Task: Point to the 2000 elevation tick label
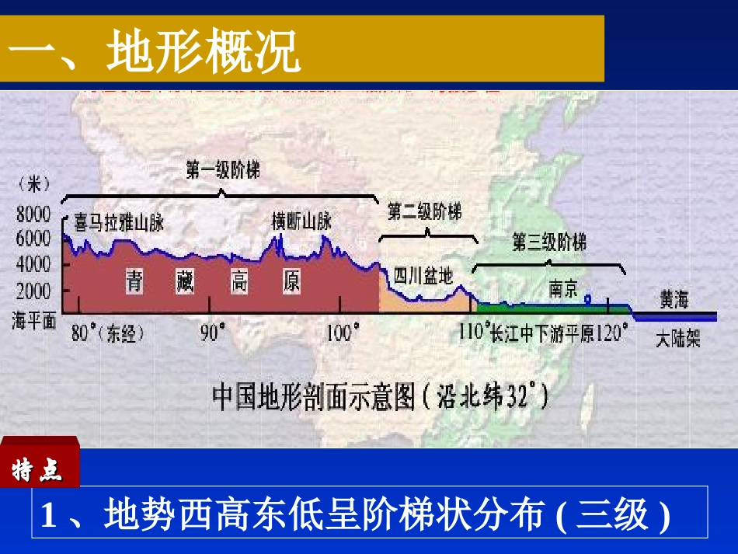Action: [33, 291]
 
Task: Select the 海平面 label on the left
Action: [33, 319]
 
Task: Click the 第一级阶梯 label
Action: [222, 171]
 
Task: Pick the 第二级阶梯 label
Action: [424, 212]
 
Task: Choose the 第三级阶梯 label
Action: [549, 242]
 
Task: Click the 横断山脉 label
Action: [301, 221]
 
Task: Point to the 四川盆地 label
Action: [422, 275]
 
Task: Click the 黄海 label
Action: [674, 299]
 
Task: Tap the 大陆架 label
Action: [677, 340]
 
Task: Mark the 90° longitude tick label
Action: [211, 333]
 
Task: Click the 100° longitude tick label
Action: [343, 333]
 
